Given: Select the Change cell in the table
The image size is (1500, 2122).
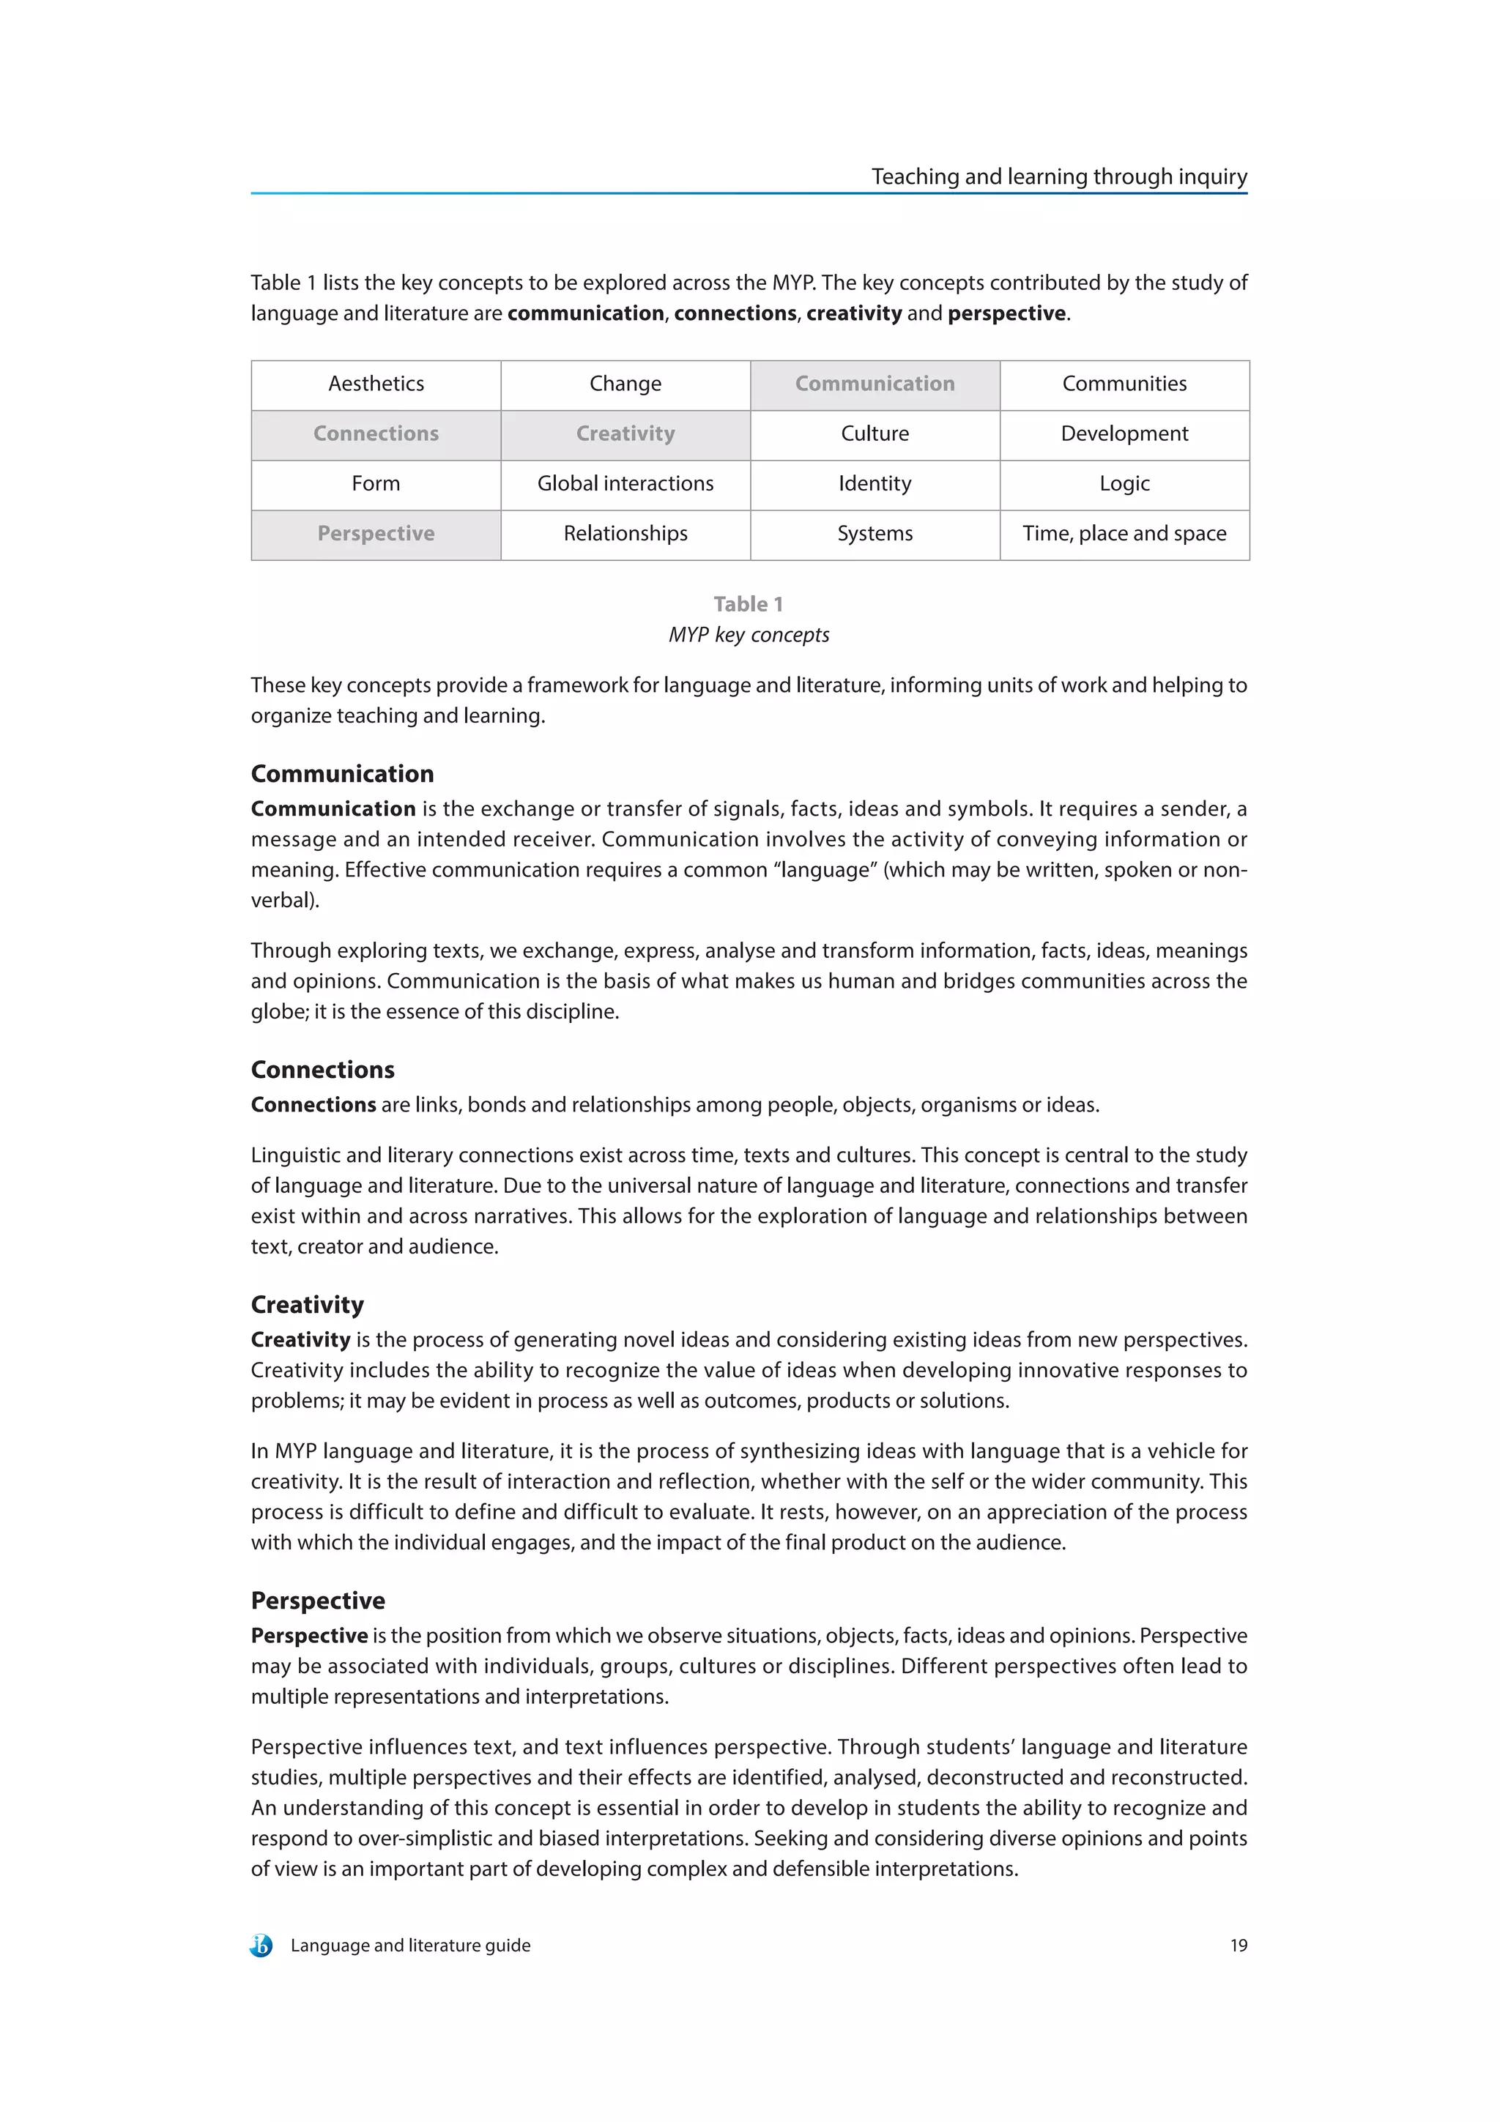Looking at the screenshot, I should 625,384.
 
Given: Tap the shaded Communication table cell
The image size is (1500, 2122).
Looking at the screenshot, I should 875,384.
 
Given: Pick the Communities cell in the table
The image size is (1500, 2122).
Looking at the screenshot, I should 1124,384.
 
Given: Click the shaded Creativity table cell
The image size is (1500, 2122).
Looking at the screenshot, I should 625,434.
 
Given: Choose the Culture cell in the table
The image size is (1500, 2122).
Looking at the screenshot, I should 875,434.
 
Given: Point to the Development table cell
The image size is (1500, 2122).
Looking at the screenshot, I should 1124,434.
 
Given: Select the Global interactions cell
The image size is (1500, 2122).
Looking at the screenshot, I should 625,484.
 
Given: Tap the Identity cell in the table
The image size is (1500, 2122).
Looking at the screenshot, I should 875,484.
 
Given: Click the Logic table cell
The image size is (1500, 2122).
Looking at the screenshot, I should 1124,484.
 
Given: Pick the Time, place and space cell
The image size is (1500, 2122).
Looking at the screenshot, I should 1124,535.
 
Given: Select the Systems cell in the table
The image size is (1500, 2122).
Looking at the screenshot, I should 875,535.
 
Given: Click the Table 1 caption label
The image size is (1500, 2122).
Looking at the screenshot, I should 748,604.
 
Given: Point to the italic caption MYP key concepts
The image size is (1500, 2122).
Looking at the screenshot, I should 749,636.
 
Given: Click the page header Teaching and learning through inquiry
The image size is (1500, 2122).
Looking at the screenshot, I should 1058,176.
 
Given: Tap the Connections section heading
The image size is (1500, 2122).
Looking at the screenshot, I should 322,1071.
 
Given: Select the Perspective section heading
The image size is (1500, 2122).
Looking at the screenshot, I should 318,1601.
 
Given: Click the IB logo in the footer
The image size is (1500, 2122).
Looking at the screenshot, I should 261,1946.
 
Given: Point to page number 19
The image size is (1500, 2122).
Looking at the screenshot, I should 1238,1946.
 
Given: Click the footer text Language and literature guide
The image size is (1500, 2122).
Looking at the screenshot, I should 410,1946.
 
